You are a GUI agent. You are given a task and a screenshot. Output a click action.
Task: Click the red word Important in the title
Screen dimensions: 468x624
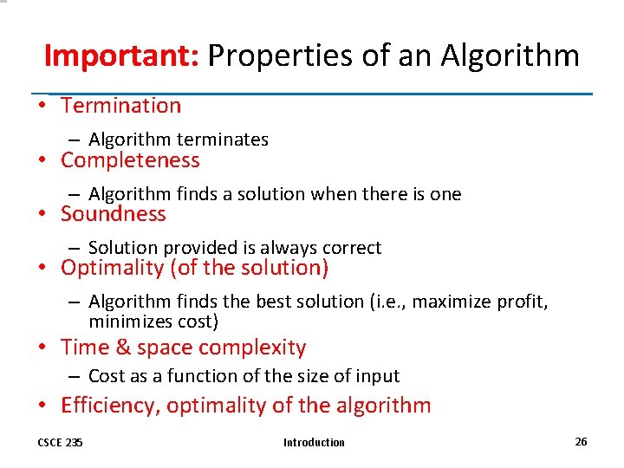121,55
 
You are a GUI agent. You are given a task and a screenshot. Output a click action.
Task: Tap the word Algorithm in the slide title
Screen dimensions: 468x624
510,55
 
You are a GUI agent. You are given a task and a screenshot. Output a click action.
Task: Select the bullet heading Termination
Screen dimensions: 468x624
120,106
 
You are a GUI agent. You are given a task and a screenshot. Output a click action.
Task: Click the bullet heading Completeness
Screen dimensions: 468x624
130,160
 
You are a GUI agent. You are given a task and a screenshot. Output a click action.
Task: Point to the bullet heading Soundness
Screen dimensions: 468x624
113,214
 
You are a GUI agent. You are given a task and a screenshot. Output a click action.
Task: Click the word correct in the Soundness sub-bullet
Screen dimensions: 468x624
351,248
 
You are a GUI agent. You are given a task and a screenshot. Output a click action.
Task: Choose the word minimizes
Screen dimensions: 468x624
131,322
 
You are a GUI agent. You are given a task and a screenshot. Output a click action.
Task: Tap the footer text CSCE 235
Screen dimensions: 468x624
60,442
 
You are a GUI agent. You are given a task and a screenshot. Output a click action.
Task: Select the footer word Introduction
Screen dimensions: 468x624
314,442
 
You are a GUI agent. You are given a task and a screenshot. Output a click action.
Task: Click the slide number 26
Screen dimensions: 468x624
581,441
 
